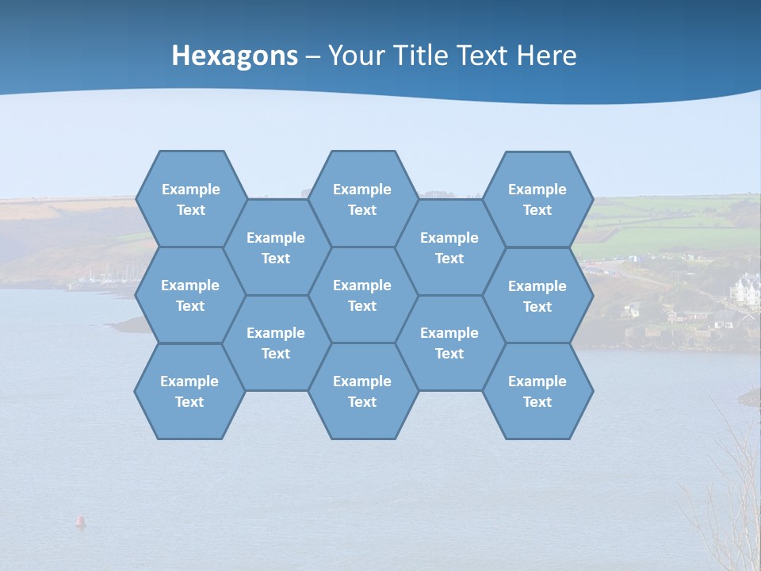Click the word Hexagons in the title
pos(235,56)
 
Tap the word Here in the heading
pos(546,56)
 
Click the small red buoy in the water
pos(80,521)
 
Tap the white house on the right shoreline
pos(746,289)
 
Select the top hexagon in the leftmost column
pos(190,199)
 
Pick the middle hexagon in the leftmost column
pos(190,295)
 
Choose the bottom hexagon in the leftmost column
pos(189,391)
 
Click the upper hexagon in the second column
pos(276,247)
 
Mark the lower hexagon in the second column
pos(276,343)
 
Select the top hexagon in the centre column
pos(362,199)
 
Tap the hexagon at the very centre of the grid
pos(362,295)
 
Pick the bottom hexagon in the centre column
pos(362,391)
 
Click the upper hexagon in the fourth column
pos(449,247)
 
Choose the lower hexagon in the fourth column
pos(449,343)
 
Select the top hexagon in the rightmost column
pos(537,199)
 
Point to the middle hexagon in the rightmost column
pos(537,296)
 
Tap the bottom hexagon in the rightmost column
pos(537,391)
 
